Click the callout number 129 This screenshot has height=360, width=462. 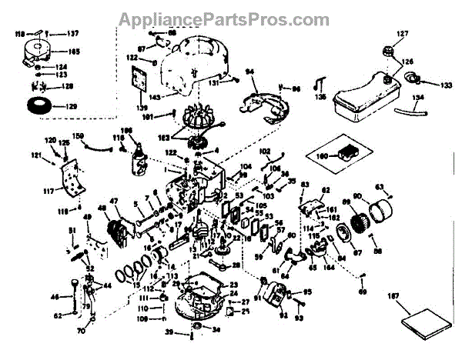click(x=68, y=105)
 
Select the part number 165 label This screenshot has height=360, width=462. click(x=74, y=52)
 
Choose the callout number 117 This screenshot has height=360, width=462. click(x=50, y=192)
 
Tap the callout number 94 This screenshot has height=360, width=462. click(x=249, y=72)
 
